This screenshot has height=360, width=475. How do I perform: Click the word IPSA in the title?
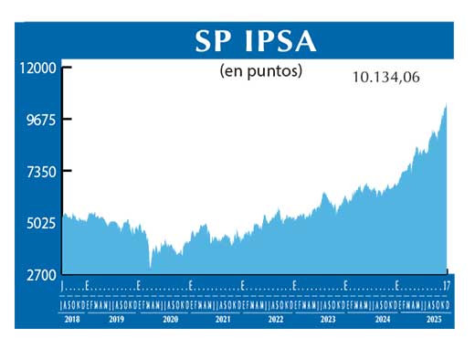click(282, 40)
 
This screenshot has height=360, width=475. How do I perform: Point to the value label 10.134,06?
click(385, 79)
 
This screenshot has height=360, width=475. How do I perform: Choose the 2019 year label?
click(116, 321)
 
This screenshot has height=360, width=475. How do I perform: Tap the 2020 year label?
click(170, 321)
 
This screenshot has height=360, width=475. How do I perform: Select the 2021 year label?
click(222, 321)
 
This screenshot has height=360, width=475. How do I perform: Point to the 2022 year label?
click(275, 321)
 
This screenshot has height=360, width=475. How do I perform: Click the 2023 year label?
click(327, 321)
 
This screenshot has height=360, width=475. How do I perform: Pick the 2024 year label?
click(381, 321)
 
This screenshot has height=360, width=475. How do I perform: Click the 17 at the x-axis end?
click(445, 286)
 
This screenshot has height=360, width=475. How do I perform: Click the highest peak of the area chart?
click(445, 105)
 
